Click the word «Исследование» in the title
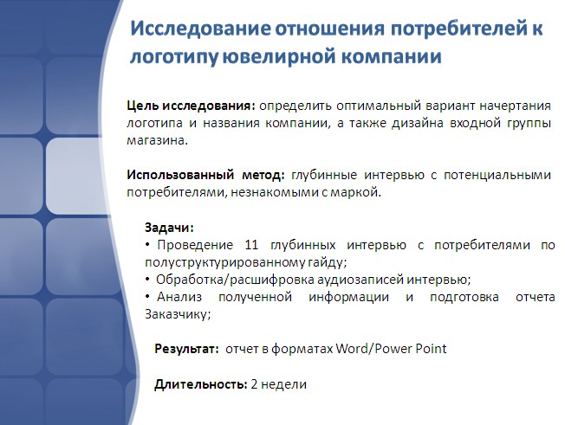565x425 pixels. (200, 29)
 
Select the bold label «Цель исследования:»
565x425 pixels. (191, 106)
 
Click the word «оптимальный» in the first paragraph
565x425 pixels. (379, 106)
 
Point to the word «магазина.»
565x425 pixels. (158, 140)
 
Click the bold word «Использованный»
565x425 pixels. (180, 175)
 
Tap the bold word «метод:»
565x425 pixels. (263, 175)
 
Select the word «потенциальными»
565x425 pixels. (497, 175)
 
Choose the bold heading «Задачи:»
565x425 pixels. (169, 228)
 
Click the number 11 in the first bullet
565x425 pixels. (251, 245)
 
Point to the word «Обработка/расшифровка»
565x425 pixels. (235, 280)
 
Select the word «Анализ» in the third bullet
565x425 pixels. (179, 297)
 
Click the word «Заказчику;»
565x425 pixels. (178, 314)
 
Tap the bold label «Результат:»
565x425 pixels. (186, 349)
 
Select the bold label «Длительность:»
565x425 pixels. (201, 384)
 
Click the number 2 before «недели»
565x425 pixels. (254, 384)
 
